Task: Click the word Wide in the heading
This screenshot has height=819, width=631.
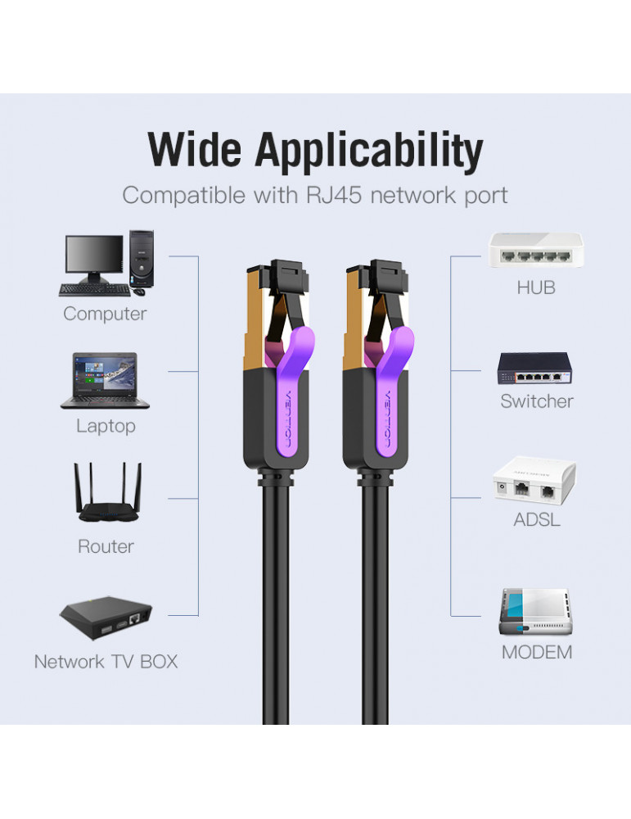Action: [194, 152]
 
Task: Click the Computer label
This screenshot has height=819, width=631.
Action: [105, 314]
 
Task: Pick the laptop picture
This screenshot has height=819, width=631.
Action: [105, 381]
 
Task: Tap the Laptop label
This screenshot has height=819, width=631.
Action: [106, 426]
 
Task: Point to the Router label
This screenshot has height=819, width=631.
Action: [106, 546]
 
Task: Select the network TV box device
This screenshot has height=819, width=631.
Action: [106, 620]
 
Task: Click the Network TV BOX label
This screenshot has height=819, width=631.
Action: [106, 662]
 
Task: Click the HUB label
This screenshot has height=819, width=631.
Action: [536, 287]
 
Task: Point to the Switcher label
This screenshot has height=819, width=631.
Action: [537, 401]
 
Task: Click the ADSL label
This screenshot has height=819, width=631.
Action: [537, 520]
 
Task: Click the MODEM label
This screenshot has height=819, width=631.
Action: [537, 653]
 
